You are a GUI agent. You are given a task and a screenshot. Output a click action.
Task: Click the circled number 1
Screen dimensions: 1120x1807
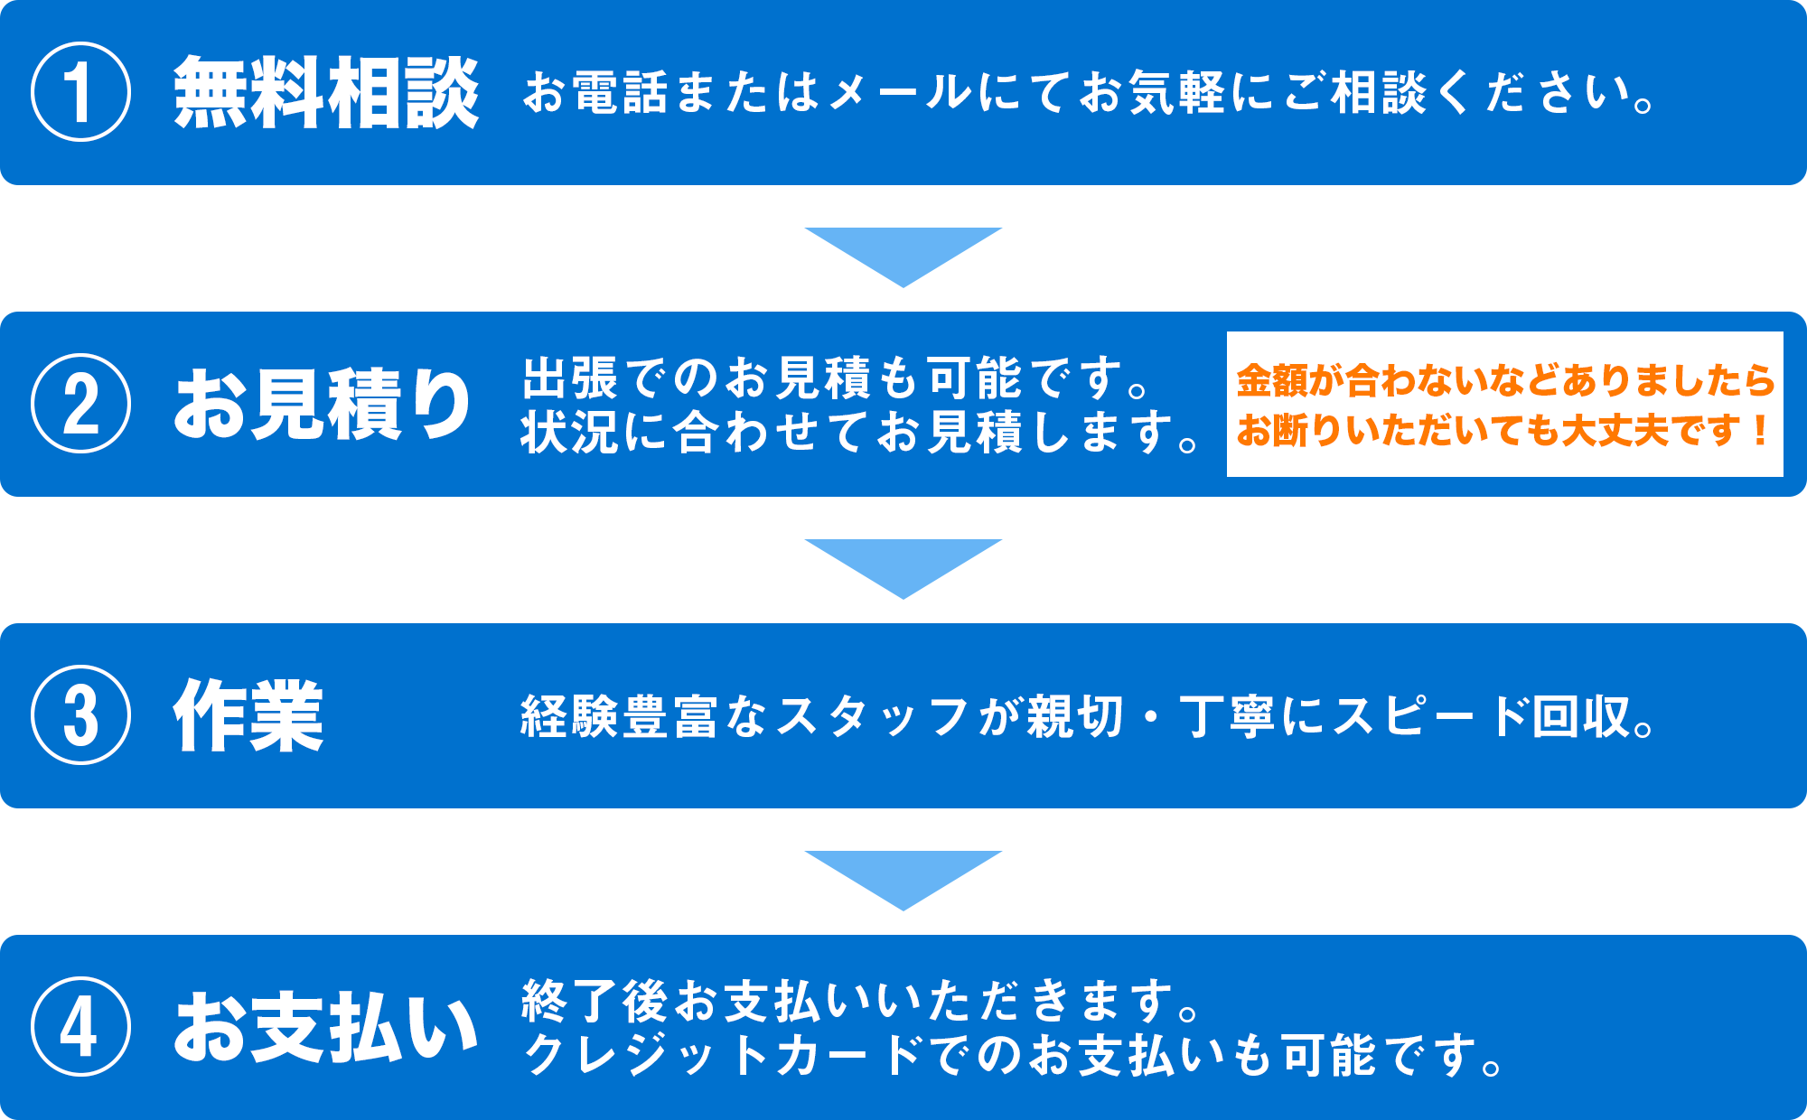click(80, 92)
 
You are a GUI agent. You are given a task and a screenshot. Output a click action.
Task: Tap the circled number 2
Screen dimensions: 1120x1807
click(80, 403)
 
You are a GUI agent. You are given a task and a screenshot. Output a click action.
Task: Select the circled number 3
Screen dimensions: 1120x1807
click(80, 715)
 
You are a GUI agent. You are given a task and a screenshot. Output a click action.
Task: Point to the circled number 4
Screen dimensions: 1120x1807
click(80, 1027)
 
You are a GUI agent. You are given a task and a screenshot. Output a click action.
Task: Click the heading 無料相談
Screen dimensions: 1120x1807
click(325, 92)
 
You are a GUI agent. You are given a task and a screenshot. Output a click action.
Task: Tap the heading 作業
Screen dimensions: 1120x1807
click(248, 715)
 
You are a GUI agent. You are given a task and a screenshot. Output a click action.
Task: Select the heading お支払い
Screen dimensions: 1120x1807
click(325, 1028)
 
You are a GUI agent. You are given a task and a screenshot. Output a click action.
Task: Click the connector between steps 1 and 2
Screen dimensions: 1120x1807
click(903, 257)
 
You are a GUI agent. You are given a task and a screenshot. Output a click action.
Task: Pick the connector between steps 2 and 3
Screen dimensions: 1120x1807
click(903, 569)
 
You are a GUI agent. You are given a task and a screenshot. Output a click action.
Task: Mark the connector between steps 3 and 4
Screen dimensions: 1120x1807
click(903, 881)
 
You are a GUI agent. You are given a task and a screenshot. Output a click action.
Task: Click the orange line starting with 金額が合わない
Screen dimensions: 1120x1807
click(1505, 380)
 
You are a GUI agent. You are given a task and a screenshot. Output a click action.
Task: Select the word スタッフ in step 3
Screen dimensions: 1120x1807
click(873, 717)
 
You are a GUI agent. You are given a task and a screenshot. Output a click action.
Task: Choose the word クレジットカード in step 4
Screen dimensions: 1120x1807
click(723, 1055)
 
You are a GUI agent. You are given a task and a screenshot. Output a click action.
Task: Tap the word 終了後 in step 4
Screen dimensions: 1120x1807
click(595, 1001)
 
